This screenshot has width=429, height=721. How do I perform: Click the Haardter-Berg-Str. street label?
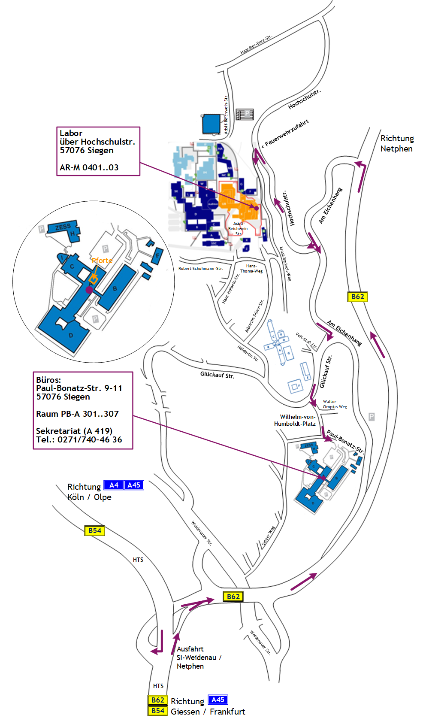pyautogui.click(x=256, y=44)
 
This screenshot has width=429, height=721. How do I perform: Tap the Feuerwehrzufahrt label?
pyautogui.click(x=286, y=133)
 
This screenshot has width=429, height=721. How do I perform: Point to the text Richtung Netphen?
pyautogui.click(x=397, y=143)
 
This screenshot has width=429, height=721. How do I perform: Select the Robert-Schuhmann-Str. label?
pyautogui.click(x=201, y=269)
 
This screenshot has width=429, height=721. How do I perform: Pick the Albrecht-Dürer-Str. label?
pyautogui.click(x=254, y=316)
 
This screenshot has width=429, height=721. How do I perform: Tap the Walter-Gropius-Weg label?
pyautogui.click(x=335, y=404)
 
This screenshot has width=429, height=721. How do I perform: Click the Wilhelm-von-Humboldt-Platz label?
pyautogui.click(x=295, y=420)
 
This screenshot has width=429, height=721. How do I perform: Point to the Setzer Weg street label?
pyautogui.click(x=269, y=536)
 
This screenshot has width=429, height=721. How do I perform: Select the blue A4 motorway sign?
pyautogui.click(x=114, y=485)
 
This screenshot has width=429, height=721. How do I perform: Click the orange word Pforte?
pyautogui.click(x=102, y=261)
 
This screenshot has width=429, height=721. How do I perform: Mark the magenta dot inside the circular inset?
pyautogui.click(x=89, y=290)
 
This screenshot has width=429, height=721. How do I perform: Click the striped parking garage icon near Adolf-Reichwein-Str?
pyautogui.click(x=245, y=114)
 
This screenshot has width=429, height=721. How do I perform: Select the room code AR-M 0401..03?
pyautogui.click(x=89, y=168)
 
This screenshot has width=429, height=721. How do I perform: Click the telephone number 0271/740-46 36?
pyautogui.click(x=90, y=439)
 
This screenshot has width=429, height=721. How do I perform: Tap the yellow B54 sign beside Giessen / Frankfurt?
pyautogui.click(x=157, y=711)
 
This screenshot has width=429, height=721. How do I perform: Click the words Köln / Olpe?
pyautogui.click(x=89, y=497)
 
